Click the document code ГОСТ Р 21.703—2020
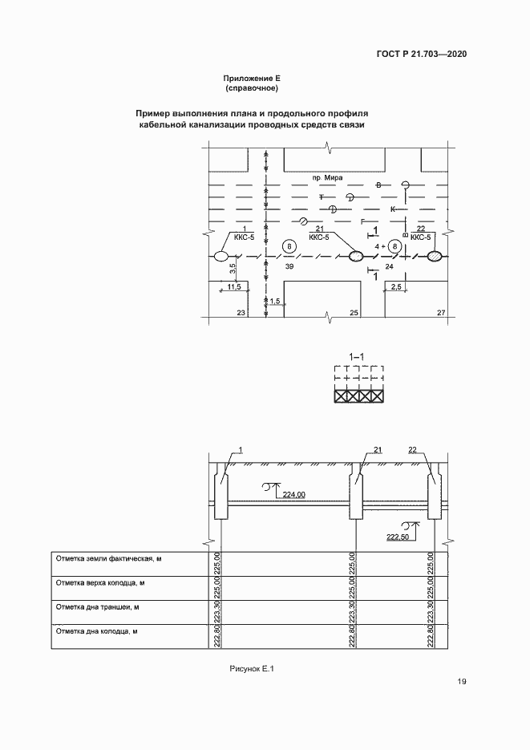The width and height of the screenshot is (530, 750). point(421,55)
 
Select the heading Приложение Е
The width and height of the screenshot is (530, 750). point(251,78)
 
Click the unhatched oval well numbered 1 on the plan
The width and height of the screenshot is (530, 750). point(220,256)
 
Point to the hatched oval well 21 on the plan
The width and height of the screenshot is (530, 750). point(356,256)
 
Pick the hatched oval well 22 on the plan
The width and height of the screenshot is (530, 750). point(435,256)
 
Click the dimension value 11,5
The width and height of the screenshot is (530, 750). point(234,286)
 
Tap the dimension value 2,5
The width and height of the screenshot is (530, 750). point(396,286)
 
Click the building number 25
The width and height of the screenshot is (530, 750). point(354,313)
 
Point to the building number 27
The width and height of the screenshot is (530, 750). point(440,313)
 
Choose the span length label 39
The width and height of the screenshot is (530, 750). point(289,266)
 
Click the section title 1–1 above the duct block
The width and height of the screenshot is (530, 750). point(358,355)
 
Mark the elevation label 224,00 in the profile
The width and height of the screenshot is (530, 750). point(294,495)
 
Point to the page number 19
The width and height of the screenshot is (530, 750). point(462,682)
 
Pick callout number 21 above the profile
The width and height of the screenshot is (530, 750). point(377,450)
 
